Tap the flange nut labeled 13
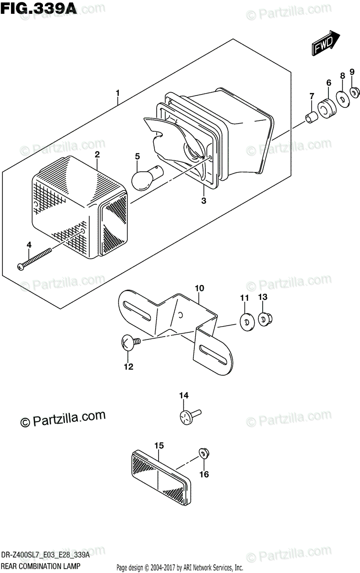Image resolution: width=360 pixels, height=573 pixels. (264, 318)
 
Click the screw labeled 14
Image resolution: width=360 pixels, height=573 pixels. (188, 416)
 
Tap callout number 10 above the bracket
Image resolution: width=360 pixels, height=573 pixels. (199, 288)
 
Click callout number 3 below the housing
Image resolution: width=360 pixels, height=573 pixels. (203, 201)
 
